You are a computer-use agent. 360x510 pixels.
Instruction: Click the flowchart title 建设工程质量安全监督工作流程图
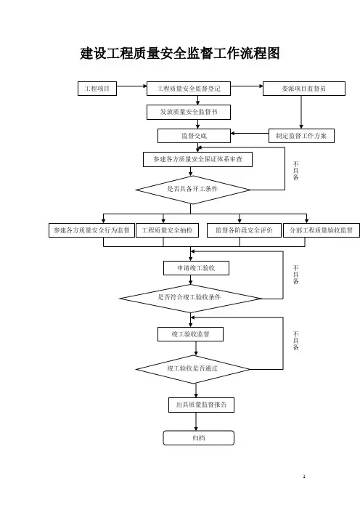[x=180, y=53]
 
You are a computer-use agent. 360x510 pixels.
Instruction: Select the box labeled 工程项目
[x=97, y=89]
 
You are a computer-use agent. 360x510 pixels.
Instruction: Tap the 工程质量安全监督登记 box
[x=189, y=89]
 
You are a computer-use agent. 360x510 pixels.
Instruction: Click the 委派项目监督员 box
[x=304, y=89]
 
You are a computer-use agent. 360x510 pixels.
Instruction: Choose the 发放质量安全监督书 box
[x=189, y=112]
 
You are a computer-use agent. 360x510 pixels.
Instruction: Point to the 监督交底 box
[x=194, y=136]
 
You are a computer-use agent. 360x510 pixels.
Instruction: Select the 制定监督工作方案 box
[x=301, y=136]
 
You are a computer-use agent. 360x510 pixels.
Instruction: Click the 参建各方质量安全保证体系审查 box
[x=197, y=159]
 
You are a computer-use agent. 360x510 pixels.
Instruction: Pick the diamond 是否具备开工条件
[x=193, y=190]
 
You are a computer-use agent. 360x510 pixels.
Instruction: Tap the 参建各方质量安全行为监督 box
[x=91, y=230]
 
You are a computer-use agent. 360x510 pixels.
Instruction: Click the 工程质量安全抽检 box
[x=167, y=230]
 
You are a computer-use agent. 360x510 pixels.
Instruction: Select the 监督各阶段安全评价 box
[x=244, y=230]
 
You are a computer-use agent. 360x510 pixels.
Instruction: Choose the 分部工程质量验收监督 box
[x=322, y=230]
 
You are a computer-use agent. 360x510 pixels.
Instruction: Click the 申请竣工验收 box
[x=196, y=268]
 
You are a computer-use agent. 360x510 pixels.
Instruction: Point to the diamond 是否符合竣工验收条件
[x=190, y=299]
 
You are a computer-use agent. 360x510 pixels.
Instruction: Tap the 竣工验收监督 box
[x=190, y=334]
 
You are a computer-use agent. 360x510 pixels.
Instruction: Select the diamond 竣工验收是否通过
[x=193, y=369]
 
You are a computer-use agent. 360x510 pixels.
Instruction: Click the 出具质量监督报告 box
[x=201, y=405]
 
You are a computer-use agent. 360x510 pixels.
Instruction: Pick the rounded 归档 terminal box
[x=199, y=438]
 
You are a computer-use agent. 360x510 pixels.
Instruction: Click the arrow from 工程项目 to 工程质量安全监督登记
[x=131, y=86]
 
